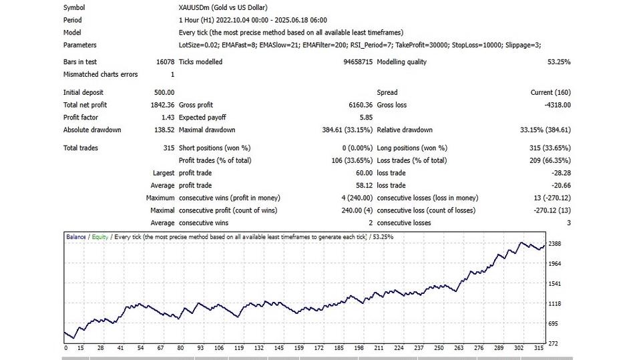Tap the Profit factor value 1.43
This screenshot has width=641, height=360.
[x=168, y=118]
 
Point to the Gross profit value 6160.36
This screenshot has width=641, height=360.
[x=357, y=105]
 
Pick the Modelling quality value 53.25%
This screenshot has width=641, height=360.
[x=558, y=62]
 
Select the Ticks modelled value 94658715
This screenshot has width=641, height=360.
[x=353, y=62]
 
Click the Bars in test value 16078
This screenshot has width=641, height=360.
[x=164, y=62]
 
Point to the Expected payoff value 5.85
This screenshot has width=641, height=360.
[x=365, y=118]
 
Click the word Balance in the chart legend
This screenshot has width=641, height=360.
[x=75, y=237]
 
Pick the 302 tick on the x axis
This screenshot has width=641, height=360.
[x=518, y=348]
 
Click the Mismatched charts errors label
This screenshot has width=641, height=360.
[x=100, y=75]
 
